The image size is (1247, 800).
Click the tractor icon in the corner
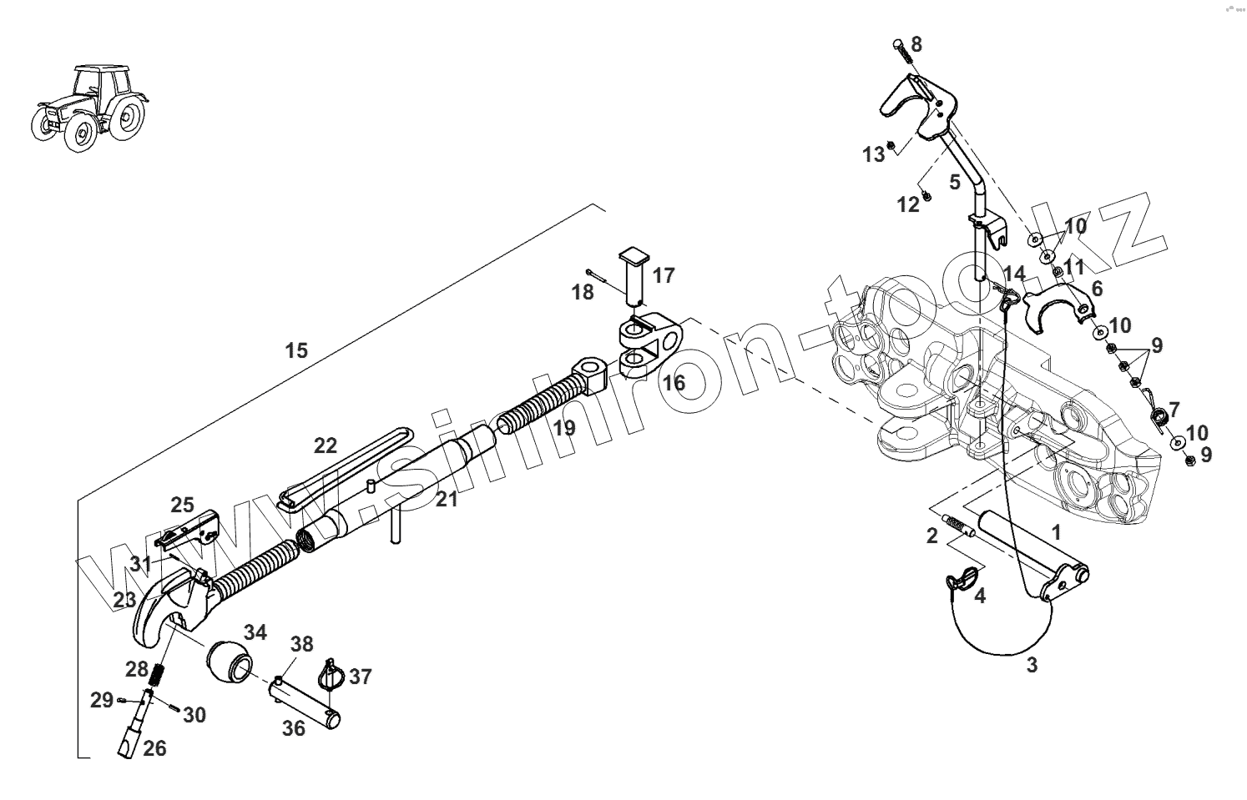point(90,108)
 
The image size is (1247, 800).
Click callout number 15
point(296,350)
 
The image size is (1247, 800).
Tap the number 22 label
point(326,445)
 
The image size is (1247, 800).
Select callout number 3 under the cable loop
point(1032,666)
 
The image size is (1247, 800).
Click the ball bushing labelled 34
point(227,662)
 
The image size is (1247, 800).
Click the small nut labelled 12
point(926,197)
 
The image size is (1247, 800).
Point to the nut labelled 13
point(891,144)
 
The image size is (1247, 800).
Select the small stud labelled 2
point(960,527)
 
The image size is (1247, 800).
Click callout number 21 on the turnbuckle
point(447,499)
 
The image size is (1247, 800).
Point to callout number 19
point(564,429)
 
